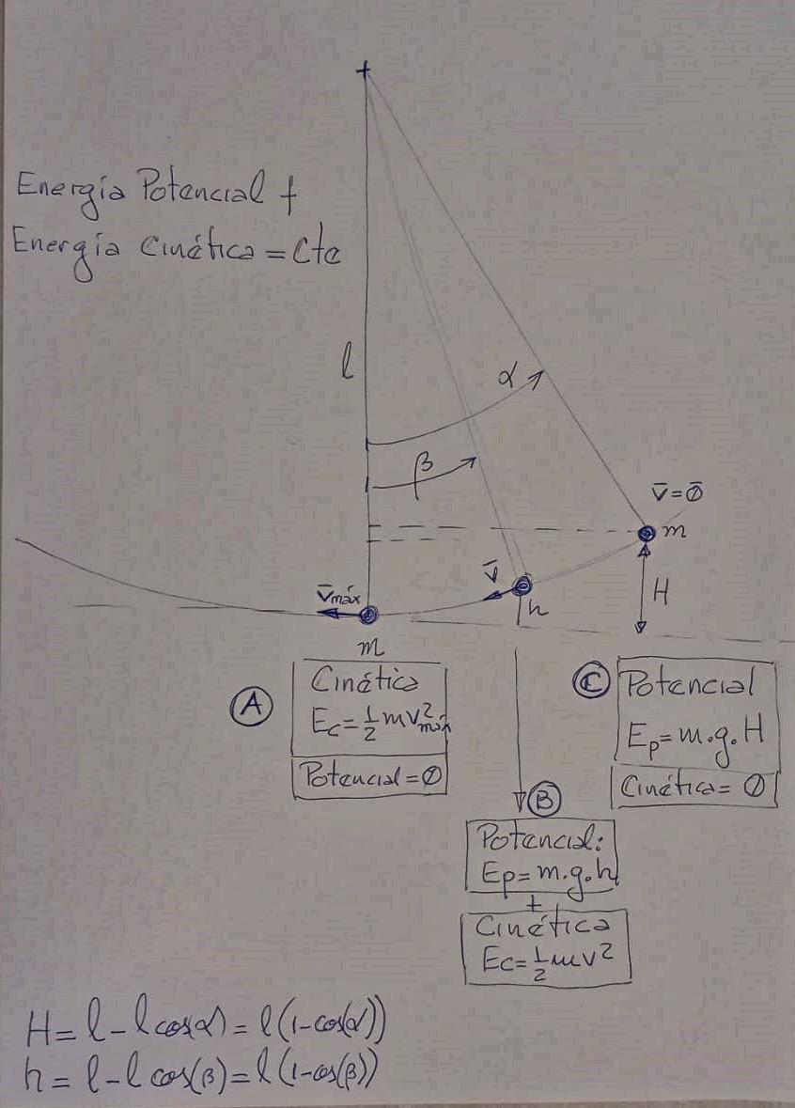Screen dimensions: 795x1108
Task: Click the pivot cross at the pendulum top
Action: pos(366,71)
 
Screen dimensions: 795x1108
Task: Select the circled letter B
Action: pos(544,800)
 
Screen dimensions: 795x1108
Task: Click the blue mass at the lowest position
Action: pos(368,616)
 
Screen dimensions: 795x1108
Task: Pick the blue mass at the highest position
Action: pos(646,534)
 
